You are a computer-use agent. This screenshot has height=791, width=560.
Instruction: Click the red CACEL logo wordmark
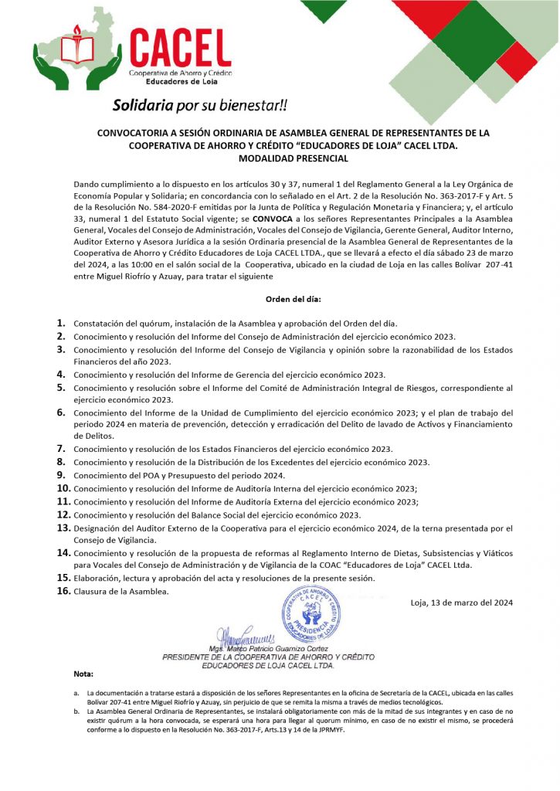[180, 45]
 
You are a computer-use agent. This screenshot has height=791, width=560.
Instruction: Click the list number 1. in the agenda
[61, 324]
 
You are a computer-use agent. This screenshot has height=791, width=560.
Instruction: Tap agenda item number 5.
[61, 388]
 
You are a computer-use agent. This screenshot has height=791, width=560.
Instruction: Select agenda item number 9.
[61, 475]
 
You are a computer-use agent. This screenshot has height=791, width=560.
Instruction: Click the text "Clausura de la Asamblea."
[120, 592]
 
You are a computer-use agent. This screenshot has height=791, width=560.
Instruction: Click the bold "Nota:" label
[83, 674]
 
